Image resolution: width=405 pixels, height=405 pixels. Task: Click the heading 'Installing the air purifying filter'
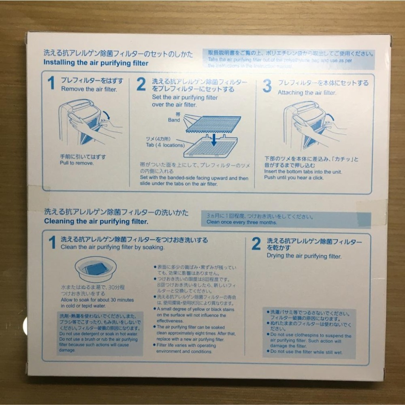[96, 63]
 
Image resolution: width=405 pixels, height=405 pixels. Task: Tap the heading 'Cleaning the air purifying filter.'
[96, 221]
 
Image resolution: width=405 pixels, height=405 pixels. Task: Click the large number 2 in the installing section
[141, 85]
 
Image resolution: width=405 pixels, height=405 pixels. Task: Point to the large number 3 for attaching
[267, 86]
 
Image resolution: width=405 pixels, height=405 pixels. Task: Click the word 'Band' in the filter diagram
[174, 120]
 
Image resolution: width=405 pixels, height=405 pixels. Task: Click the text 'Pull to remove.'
[77, 163]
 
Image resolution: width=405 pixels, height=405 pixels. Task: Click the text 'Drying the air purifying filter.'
[304, 256]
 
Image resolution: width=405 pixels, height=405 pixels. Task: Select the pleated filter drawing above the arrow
[213, 124]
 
